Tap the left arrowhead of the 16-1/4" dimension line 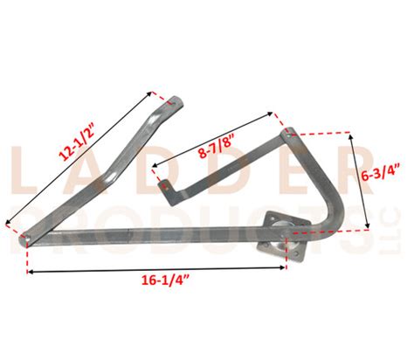click(31, 273)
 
